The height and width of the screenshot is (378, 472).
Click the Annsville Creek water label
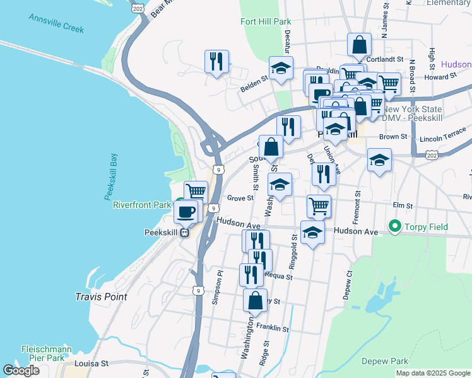click(56, 22)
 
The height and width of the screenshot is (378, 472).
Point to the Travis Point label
click(101, 296)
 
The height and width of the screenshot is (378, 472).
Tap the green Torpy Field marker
click(395, 225)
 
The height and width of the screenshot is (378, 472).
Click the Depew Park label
click(386, 361)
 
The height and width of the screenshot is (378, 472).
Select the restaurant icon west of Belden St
click(216, 61)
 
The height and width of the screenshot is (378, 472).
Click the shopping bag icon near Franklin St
click(255, 300)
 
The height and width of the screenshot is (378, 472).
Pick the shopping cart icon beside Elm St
click(319, 205)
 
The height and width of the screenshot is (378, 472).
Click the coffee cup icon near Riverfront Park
click(186, 211)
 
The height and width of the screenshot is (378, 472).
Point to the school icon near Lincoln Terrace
click(379, 160)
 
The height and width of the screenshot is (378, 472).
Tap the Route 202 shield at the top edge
click(139, 7)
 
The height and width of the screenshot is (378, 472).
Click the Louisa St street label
click(91, 364)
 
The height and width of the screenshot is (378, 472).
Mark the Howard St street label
click(440, 77)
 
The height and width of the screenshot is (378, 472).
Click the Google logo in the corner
click(21, 370)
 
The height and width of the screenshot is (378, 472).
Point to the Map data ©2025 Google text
click(432, 373)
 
